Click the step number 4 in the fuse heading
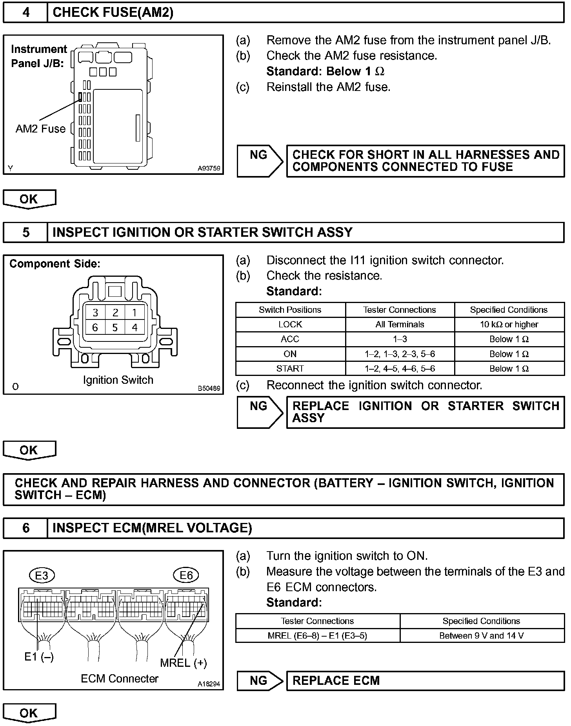coord(25,13)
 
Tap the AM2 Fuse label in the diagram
coord(40,129)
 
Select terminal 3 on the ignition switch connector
coord(95,313)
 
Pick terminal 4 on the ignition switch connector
coord(135,328)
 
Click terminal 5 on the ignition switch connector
coord(115,328)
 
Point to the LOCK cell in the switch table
coord(290,325)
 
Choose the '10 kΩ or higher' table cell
coord(509,325)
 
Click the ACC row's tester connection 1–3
coord(400,339)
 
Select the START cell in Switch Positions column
coord(290,368)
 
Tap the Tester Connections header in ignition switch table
coord(400,310)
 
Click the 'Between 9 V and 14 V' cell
coord(482,635)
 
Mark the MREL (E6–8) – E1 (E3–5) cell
coord(317,635)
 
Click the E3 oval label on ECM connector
coord(42,575)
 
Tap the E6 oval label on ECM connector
coord(186,575)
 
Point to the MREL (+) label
coord(183,663)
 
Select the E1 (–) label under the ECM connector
coord(39,657)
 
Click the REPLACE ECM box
coord(425,681)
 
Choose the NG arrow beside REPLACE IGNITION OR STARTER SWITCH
coord(260,412)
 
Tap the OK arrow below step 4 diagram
coord(29,199)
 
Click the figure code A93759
coord(209,169)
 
